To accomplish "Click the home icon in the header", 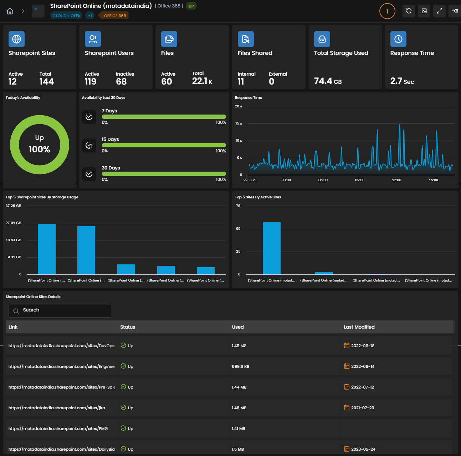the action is [10, 11].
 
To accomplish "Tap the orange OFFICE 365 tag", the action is [114, 16].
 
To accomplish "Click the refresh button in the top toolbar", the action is [409, 11].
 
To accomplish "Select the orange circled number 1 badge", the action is [387, 11].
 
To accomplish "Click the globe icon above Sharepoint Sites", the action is [16, 39].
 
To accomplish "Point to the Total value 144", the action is [47, 82].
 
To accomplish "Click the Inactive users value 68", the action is [121, 82].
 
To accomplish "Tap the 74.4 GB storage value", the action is [328, 81].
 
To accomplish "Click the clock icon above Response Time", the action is [398, 39].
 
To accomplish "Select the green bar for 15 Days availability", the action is [164, 145].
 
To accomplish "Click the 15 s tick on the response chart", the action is [239, 123].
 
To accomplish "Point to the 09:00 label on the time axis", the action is [359, 180].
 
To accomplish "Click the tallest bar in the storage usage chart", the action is [47, 249].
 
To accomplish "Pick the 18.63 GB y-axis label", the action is [14, 240].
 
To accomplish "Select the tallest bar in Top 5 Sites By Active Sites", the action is [272, 248].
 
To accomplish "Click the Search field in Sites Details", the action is [60, 311].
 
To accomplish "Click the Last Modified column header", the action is [359, 327].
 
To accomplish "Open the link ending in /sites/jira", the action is [57, 407].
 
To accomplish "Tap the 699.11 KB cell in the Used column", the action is [240, 366].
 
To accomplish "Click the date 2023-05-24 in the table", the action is [363, 449].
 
